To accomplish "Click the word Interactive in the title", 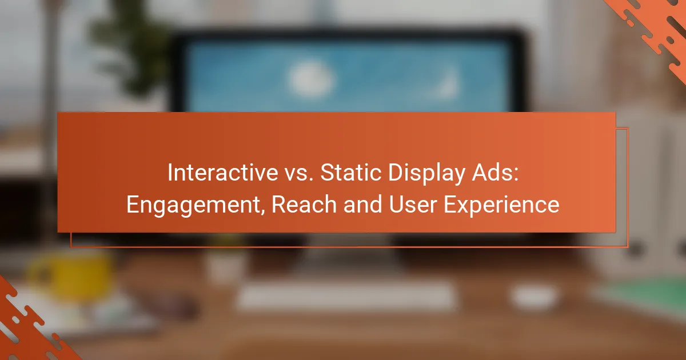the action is [222, 173].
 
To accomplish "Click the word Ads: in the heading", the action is [495, 173].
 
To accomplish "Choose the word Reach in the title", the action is [304, 204].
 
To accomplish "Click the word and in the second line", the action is [362, 204].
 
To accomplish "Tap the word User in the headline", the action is [413, 204].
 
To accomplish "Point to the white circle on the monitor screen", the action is [310, 79].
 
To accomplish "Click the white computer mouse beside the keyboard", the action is [535, 296].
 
